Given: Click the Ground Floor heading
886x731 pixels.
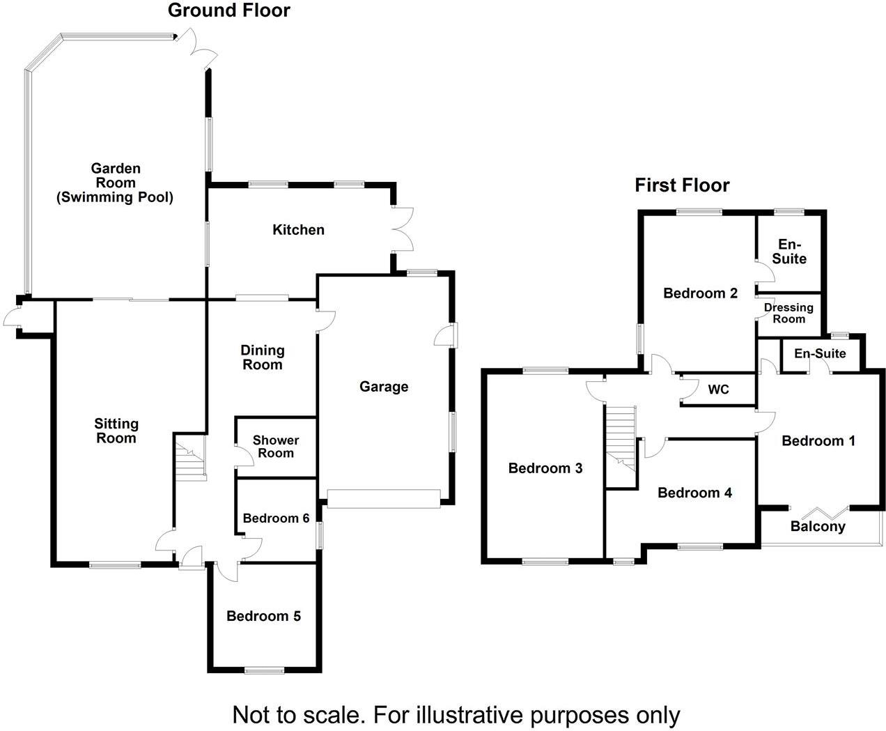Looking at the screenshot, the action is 228,10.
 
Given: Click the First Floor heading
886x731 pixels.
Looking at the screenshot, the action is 682,185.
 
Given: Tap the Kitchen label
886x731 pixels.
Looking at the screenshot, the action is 298,230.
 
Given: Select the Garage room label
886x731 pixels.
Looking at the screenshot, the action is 384,387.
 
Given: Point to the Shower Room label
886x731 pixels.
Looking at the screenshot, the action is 276,447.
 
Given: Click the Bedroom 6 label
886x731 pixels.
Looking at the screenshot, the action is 276,518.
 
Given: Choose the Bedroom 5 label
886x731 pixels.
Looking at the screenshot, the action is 263,616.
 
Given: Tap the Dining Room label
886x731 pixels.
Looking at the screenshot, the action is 262,357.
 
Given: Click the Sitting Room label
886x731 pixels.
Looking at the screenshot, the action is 116,431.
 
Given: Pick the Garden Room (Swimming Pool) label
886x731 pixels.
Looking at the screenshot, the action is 115,183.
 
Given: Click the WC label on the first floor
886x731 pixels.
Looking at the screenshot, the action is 718,390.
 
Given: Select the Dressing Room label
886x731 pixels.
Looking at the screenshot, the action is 788,313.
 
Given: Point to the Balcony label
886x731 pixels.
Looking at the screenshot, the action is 818,527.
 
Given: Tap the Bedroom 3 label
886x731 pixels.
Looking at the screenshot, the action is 545,468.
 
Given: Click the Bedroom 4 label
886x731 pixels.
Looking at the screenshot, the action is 694,493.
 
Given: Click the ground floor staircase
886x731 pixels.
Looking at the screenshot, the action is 191,461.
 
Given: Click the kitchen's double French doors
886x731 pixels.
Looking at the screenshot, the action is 403,230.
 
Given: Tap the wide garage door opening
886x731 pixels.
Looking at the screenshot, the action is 384,499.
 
